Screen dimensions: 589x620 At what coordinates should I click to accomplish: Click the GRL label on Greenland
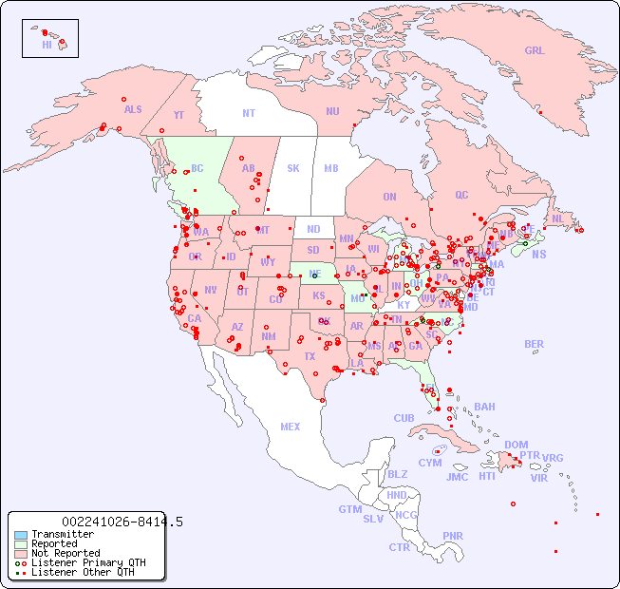tap(535, 51)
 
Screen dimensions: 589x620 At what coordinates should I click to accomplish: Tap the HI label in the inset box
tap(47, 45)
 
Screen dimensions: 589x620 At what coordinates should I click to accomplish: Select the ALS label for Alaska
tap(133, 109)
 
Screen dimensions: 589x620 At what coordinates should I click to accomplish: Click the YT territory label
tap(178, 114)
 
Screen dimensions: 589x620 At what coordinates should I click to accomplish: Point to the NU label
tap(332, 111)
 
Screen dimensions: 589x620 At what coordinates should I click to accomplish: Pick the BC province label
tap(197, 168)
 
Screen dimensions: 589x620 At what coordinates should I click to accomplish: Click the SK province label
tap(293, 168)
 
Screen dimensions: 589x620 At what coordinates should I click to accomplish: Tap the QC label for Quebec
tap(461, 195)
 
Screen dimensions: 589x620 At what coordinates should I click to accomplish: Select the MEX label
tap(291, 427)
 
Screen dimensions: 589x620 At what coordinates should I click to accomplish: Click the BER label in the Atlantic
tap(535, 344)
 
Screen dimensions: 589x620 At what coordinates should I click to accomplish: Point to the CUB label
tap(404, 418)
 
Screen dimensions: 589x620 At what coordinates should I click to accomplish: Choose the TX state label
tap(310, 356)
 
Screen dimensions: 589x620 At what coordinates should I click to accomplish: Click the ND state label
tap(313, 229)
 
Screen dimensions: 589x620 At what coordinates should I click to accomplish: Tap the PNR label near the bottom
tap(453, 536)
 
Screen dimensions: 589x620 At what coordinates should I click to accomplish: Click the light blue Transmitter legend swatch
tap(21, 535)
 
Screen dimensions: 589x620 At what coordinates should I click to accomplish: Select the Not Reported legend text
tap(66, 553)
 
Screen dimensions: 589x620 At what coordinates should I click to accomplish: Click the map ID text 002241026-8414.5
tap(122, 522)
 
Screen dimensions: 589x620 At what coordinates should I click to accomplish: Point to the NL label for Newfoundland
tap(557, 218)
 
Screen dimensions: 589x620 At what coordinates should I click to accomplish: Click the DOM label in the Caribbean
tap(516, 445)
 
